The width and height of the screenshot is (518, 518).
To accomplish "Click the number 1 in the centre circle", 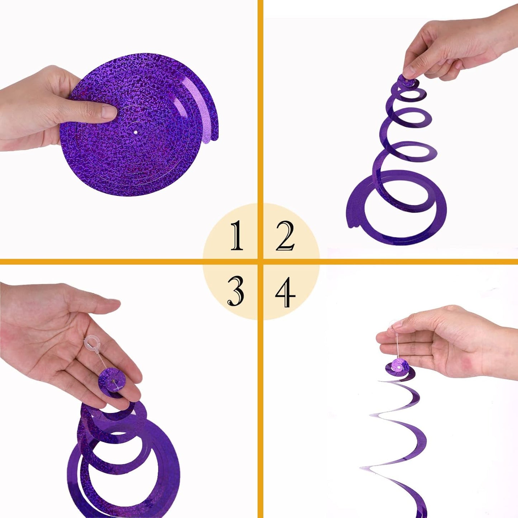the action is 237,235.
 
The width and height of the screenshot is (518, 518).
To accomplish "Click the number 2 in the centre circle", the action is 285,236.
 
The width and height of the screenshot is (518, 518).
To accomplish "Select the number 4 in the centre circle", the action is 285,292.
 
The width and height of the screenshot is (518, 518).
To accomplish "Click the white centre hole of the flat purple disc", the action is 136,133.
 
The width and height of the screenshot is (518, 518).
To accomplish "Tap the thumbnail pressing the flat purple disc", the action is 109,112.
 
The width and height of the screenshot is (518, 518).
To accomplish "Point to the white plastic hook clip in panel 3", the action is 91,343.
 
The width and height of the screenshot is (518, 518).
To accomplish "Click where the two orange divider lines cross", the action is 260,261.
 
